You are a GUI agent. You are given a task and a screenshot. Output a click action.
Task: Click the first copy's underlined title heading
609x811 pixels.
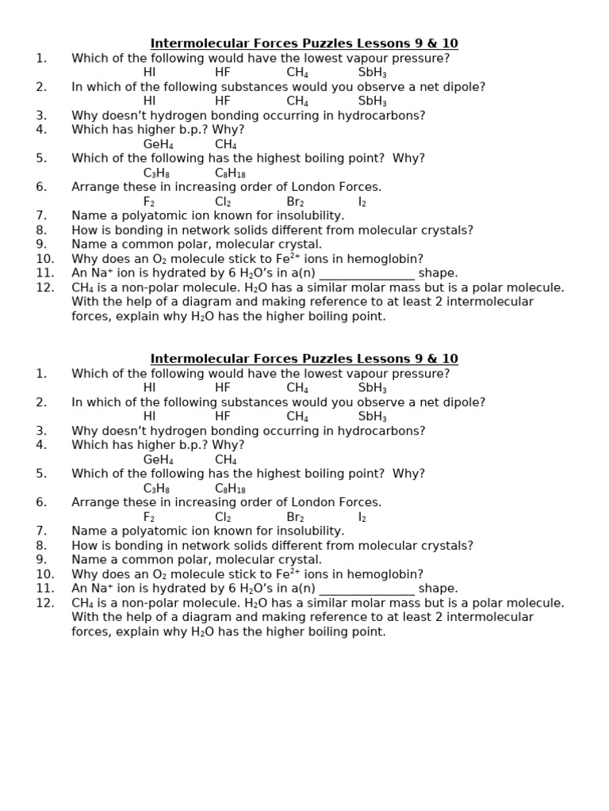[304, 44]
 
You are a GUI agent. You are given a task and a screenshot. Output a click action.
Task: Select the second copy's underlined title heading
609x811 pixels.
[304, 359]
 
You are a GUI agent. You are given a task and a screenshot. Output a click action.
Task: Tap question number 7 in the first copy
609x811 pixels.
[41, 215]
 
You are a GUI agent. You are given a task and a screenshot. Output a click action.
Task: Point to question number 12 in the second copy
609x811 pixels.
[44, 603]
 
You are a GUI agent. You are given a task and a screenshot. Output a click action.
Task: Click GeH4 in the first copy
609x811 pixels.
[158, 145]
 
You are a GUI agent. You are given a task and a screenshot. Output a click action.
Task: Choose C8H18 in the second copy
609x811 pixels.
[230, 489]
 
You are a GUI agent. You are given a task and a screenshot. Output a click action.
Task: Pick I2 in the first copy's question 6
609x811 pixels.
[362, 202]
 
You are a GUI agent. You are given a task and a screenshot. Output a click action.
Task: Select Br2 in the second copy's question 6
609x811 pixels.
[295, 517]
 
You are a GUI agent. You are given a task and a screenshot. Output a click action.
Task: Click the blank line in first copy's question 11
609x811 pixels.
[366, 274]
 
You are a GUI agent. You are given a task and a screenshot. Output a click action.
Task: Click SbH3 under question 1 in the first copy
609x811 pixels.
[372, 73]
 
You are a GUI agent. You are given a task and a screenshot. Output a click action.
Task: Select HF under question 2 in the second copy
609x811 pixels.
[222, 417]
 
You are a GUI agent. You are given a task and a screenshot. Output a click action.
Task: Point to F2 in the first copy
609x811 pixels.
[149, 202]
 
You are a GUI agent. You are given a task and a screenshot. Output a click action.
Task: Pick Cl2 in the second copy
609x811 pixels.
[223, 517]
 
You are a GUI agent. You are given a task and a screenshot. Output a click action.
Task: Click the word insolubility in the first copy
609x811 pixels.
[308, 215]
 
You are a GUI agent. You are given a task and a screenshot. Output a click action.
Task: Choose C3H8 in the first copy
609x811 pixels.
[156, 173]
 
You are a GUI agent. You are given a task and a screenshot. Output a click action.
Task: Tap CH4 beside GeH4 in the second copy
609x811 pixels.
[226, 460]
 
